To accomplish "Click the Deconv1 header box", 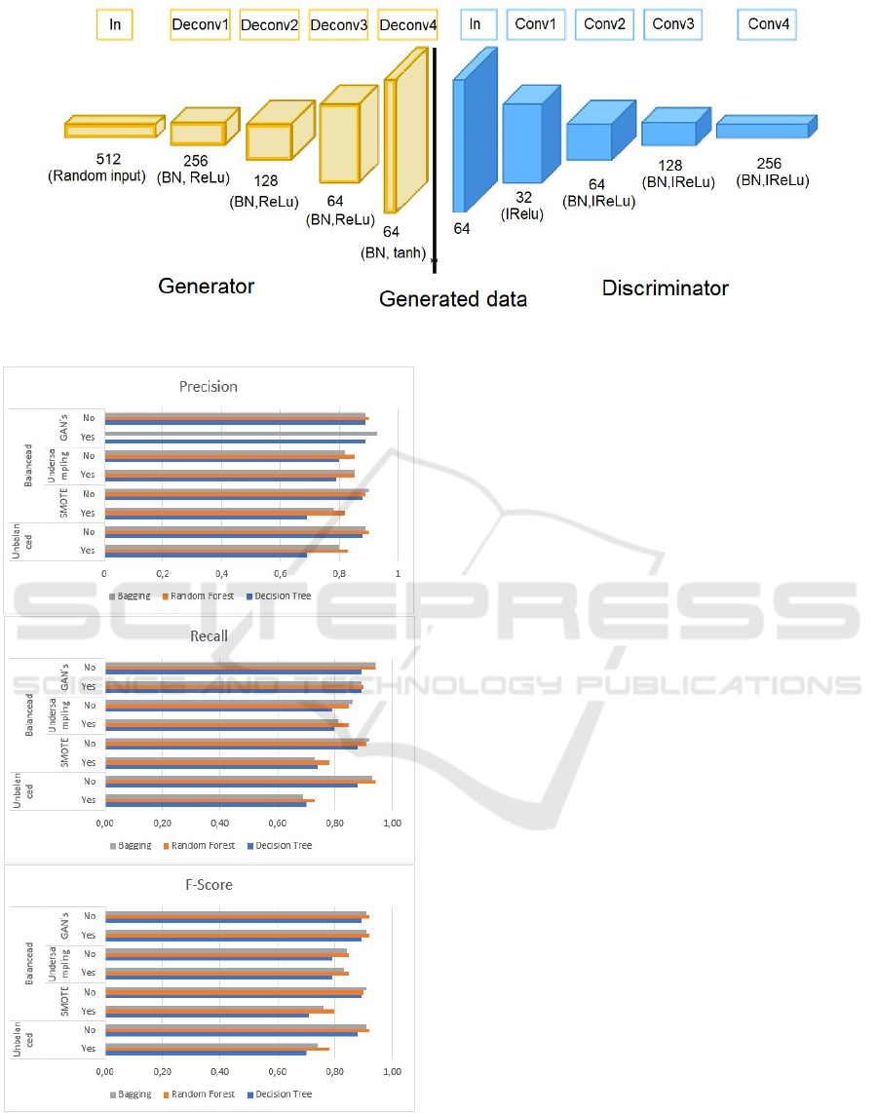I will point(200,24).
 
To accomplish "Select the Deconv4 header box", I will point(407,24).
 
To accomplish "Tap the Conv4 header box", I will point(768,24).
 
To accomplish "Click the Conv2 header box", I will point(604,24).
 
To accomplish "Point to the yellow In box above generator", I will point(115,24).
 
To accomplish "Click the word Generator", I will point(206,287).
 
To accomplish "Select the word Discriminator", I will point(665,288).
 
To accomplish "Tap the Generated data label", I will point(453,299).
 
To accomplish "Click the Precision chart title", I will point(209,386).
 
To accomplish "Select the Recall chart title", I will point(209,636).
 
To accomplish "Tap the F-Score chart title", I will point(210,885).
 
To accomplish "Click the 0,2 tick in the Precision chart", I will point(163,573).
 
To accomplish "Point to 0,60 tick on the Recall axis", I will point(277,823).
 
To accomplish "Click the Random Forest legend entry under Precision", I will point(200,595).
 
